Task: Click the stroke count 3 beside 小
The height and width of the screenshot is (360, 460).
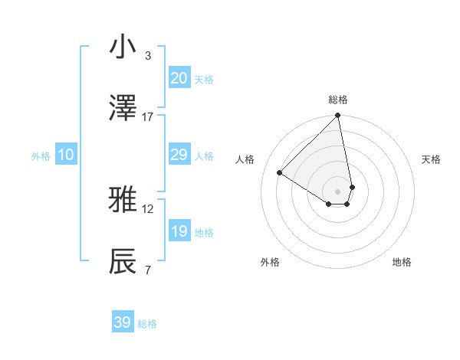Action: click(148, 56)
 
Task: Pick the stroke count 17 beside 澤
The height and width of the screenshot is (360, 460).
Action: click(148, 117)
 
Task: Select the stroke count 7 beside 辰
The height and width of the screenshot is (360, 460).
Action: click(148, 270)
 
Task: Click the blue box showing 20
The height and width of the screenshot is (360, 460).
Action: click(179, 78)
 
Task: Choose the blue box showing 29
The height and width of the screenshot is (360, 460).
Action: click(179, 155)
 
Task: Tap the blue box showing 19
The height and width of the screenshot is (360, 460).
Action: click(179, 231)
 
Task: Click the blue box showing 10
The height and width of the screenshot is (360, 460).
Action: click(66, 155)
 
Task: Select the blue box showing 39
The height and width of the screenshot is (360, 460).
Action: click(123, 322)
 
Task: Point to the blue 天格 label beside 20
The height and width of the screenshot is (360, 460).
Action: click(204, 80)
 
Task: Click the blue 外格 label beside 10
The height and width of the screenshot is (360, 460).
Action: click(41, 156)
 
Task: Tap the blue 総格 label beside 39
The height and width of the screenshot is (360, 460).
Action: click(147, 324)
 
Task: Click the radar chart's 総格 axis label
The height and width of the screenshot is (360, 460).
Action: click(338, 100)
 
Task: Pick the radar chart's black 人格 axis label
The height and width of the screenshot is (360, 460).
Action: click(245, 159)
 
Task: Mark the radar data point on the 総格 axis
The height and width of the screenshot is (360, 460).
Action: click(338, 116)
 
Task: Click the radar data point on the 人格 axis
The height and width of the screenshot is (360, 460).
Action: click(280, 173)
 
